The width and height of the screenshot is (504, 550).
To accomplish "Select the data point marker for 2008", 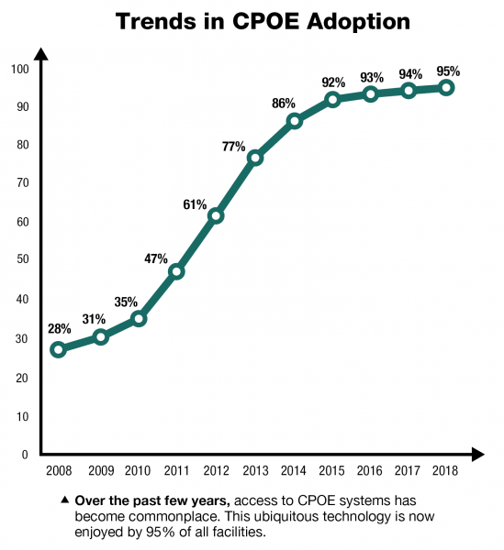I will tap(59, 349).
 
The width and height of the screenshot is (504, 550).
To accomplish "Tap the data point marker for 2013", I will tap(255, 158).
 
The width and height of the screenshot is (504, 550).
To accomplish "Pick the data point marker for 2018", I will tap(446, 87).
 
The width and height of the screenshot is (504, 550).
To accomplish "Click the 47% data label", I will tap(156, 258).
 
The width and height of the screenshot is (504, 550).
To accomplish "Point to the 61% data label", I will tap(196, 203).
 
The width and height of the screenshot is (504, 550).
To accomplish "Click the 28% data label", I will tap(60, 328).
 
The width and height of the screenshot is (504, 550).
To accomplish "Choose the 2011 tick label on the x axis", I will tap(176, 470).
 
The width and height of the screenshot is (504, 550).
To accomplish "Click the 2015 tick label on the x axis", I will tap(332, 470).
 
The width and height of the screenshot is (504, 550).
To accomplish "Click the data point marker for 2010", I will tap(138, 318).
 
